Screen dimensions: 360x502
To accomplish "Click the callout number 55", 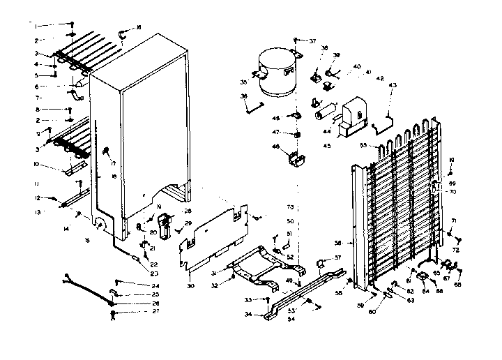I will [x=363, y=146].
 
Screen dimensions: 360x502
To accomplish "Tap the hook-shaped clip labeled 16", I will [x=122, y=31].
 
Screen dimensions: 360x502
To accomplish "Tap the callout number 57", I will [x=339, y=257].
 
